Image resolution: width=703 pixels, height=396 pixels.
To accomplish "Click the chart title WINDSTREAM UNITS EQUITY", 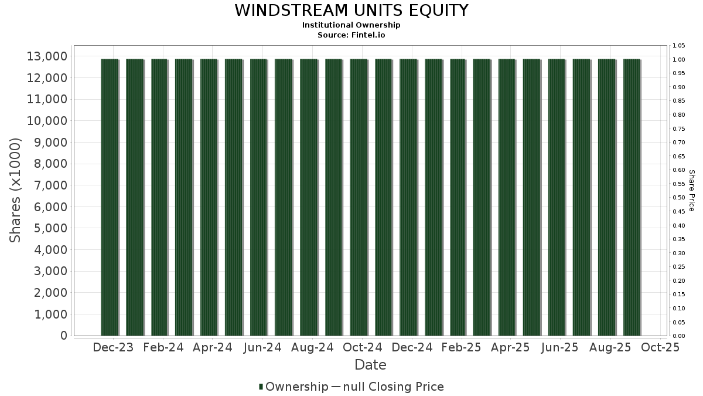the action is pos(351,11).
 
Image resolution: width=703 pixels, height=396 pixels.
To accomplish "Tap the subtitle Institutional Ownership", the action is pos(351,25).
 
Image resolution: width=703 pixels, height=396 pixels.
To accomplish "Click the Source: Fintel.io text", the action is pos(351,35).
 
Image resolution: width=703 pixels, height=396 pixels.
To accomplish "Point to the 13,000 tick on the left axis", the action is pos(47,56).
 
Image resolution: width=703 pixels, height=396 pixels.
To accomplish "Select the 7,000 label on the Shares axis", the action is pos(50,185).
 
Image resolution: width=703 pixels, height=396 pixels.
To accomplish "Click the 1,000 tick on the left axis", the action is pos(50,314).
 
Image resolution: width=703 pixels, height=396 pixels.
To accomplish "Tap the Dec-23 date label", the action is pos(113,347).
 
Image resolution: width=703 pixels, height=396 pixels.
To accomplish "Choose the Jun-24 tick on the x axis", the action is pos(262,347).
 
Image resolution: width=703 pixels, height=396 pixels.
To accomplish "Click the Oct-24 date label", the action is pos(363,347).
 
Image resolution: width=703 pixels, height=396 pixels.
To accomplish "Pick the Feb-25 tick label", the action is pos(461,347).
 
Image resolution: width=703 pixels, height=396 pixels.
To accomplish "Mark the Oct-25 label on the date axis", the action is pos(660,347).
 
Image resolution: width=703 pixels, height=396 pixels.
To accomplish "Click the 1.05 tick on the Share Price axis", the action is pos(678,46).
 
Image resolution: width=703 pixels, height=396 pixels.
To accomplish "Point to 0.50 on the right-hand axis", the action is pos(678,198).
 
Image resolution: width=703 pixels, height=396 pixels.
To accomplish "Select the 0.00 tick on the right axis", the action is pos(678,336).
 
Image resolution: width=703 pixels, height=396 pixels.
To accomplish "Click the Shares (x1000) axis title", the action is pos(15,191).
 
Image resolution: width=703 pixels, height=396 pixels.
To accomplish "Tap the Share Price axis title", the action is pos(691,191).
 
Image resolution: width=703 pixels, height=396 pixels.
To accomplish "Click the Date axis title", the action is pos(370,365).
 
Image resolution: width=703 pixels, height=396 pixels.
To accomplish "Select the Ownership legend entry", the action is pos(294,387).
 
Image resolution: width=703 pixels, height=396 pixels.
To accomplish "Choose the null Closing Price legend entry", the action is pos(388,387).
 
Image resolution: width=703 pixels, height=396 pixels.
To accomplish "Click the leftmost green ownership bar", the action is pos(110,197).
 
